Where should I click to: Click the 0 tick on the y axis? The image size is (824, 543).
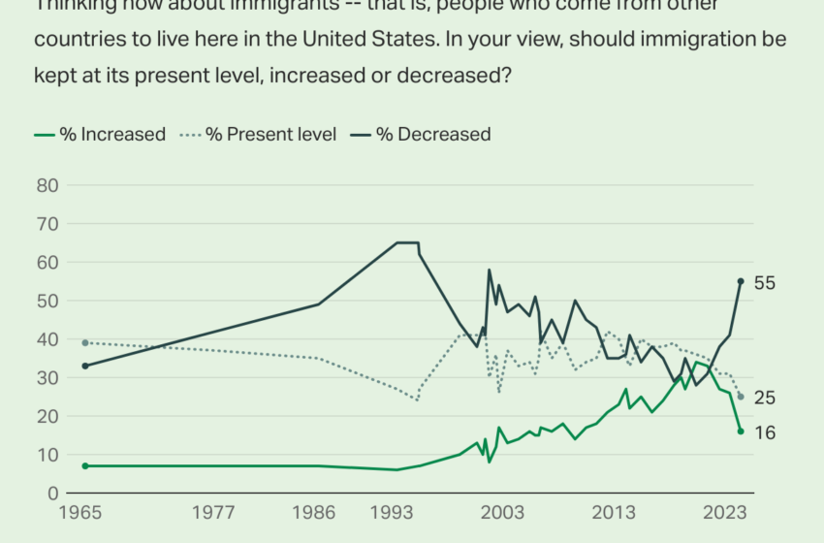click(x=53, y=494)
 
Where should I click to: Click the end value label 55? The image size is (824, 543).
click(x=765, y=282)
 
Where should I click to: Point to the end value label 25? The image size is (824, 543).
click(x=765, y=398)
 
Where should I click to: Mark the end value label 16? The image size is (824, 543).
click(x=765, y=432)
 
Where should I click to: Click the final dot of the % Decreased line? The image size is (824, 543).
click(x=741, y=281)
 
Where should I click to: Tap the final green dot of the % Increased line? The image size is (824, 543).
click(x=741, y=431)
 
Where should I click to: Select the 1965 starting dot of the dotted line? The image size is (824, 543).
click(x=85, y=343)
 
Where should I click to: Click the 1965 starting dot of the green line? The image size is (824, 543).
click(x=85, y=466)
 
